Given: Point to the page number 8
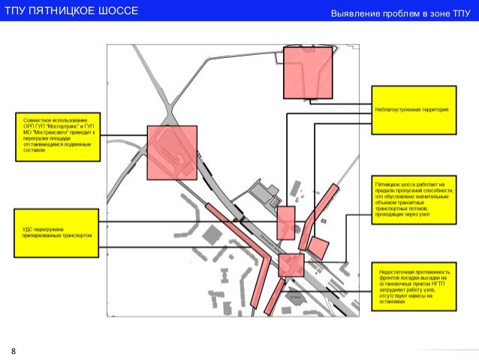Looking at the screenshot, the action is [13, 351].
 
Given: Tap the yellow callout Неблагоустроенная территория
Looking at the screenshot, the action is [413, 110].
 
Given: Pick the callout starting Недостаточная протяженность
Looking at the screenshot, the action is [414, 287].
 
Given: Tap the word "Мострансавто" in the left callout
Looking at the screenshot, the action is [53, 132].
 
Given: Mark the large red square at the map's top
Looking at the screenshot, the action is [307, 72].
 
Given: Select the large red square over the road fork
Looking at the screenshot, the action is [172, 153].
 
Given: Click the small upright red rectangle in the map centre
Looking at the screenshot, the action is [286, 222].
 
